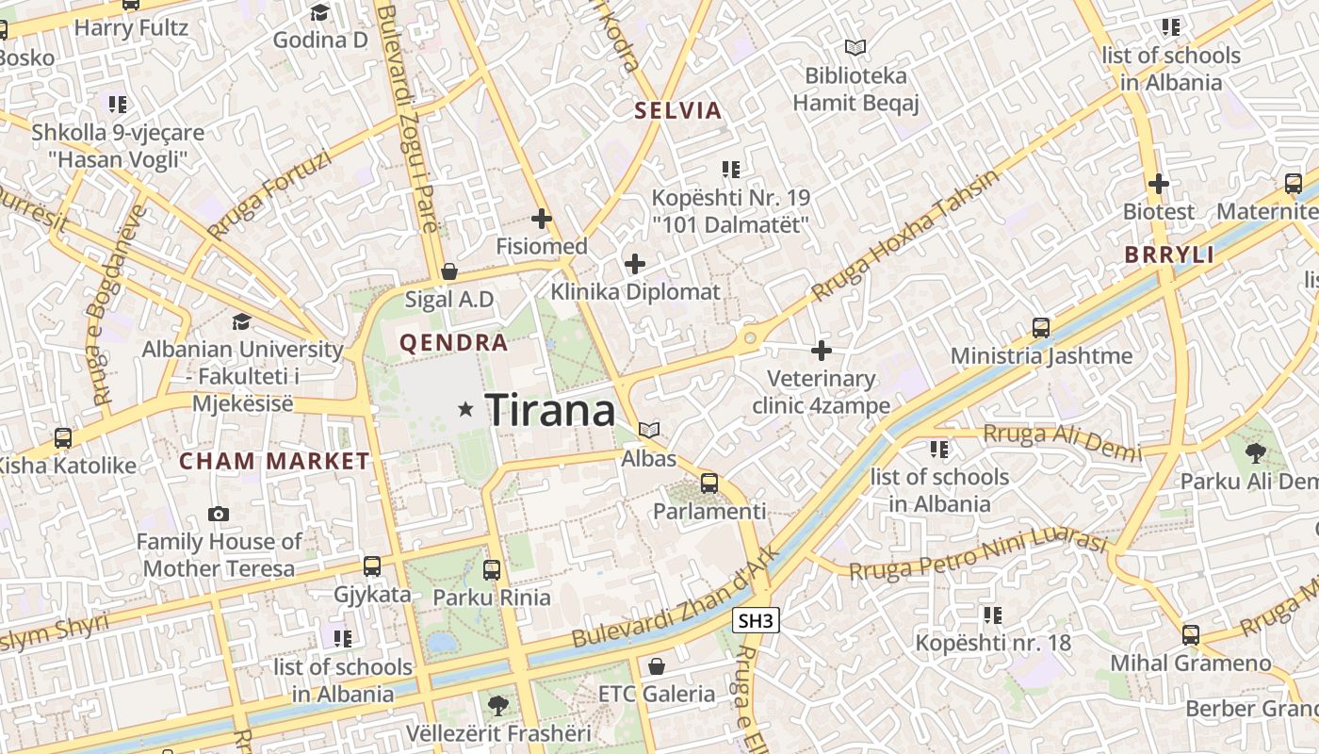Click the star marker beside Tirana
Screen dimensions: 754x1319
pyautogui.click(x=465, y=409)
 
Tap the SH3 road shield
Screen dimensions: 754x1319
pyautogui.click(x=756, y=620)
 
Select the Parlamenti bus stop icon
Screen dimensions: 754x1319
pyautogui.click(x=709, y=484)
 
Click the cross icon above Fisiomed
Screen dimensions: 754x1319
pyautogui.click(x=542, y=219)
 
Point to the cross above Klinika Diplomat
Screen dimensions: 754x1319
pyautogui.click(x=636, y=264)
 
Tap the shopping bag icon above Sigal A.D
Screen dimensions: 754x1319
pyautogui.click(x=449, y=271)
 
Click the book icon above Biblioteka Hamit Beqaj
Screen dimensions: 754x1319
pyautogui.click(x=855, y=47)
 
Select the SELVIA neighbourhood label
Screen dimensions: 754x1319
pyautogui.click(x=678, y=110)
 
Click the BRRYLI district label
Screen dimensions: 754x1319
pyautogui.click(x=1169, y=254)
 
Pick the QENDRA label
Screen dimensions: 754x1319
pyautogui.click(x=454, y=342)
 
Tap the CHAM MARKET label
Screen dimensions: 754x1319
pyautogui.click(x=275, y=461)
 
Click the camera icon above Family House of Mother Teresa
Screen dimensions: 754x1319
pyautogui.click(x=219, y=514)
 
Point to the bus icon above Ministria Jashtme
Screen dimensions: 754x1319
pyautogui.click(x=1041, y=328)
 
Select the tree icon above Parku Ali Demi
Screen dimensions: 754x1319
pyautogui.click(x=1255, y=453)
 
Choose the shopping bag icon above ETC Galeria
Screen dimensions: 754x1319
pyautogui.click(x=657, y=666)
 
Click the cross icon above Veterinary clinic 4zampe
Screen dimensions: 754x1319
pyautogui.click(x=822, y=351)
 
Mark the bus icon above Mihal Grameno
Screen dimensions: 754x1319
pyautogui.click(x=1191, y=634)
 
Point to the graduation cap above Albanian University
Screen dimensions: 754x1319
pyautogui.click(x=241, y=321)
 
